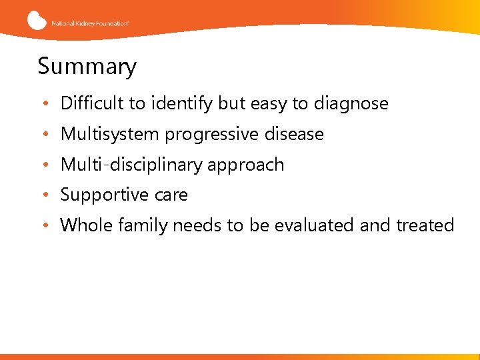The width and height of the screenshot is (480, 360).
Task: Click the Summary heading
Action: (87, 67)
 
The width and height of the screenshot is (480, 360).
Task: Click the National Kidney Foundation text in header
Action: (90, 23)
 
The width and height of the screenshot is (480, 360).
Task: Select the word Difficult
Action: (92, 103)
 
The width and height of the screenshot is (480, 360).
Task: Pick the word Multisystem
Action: (110, 134)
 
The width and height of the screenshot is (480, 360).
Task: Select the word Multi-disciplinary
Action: (132, 165)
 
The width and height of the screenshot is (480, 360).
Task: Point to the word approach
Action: (246, 165)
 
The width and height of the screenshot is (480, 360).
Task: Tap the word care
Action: (171, 195)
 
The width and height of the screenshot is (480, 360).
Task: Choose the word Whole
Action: (87, 225)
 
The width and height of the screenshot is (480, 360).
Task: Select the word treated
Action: (426, 225)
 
